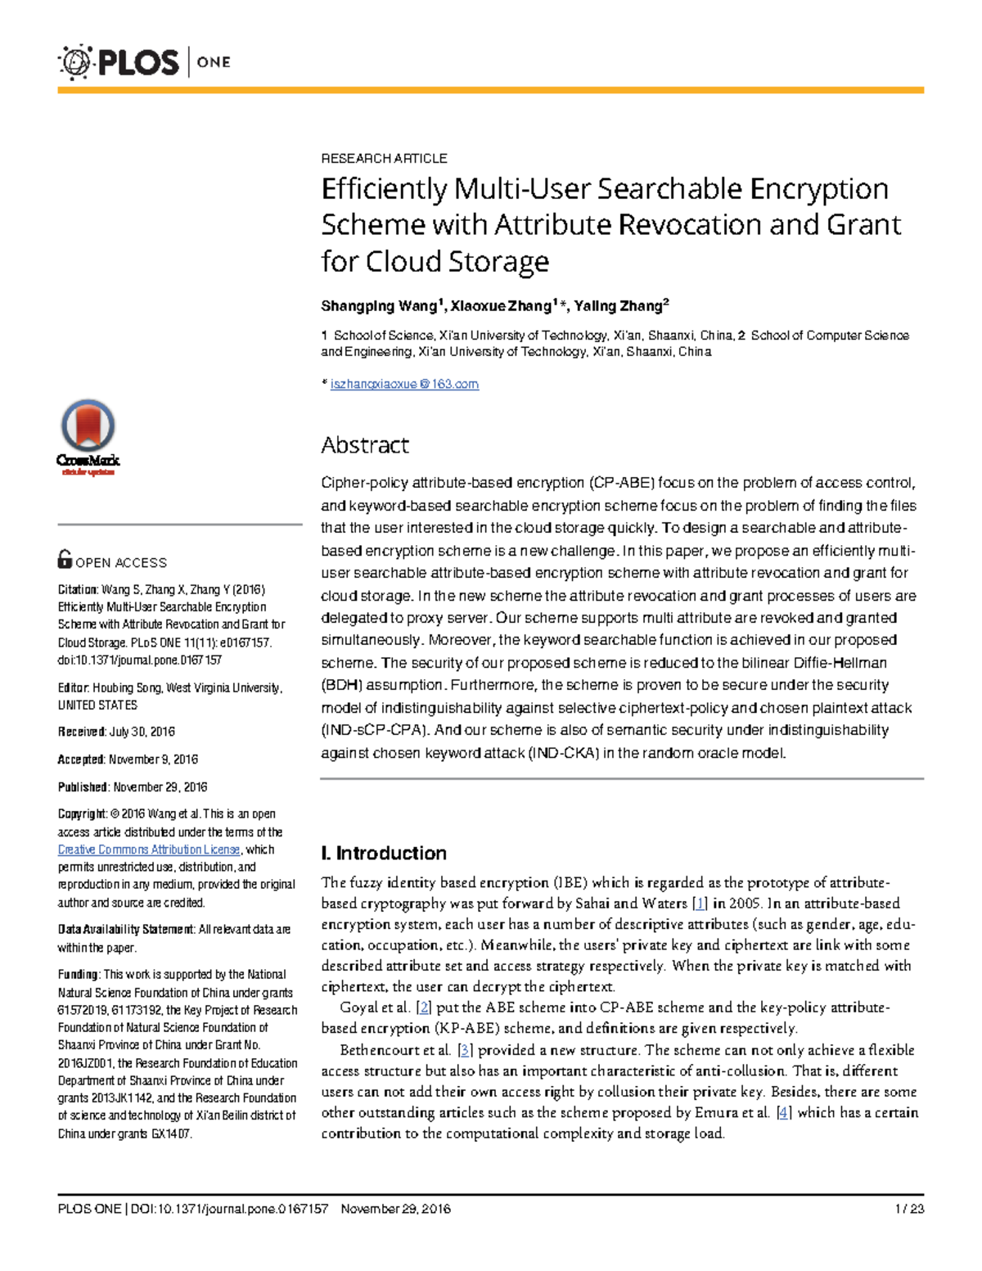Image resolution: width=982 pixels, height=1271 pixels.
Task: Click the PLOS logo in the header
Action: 119,62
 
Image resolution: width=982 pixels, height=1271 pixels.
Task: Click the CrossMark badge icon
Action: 88,435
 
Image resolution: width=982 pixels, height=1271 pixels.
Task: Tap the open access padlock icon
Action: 65,559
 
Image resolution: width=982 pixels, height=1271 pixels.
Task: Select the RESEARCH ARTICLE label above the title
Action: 384,158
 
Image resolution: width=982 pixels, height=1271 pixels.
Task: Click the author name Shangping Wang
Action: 378,306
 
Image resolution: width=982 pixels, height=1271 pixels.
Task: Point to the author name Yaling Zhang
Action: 618,306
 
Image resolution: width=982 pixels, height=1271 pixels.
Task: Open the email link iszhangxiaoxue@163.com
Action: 404,384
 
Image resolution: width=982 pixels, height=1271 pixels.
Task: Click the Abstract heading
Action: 364,445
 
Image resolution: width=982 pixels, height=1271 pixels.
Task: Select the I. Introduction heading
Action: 384,853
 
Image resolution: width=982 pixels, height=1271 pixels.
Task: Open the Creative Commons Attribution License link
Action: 148,850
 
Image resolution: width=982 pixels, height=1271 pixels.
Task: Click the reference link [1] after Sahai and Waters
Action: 700,904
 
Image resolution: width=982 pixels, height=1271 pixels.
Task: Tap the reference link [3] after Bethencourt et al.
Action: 464,1050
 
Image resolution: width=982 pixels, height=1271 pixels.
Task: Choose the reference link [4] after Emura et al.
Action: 784,1112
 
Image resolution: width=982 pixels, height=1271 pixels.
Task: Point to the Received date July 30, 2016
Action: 142,732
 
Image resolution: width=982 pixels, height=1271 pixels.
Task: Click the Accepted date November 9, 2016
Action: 153,759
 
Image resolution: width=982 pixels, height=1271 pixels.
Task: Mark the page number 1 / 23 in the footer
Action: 909,1209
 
